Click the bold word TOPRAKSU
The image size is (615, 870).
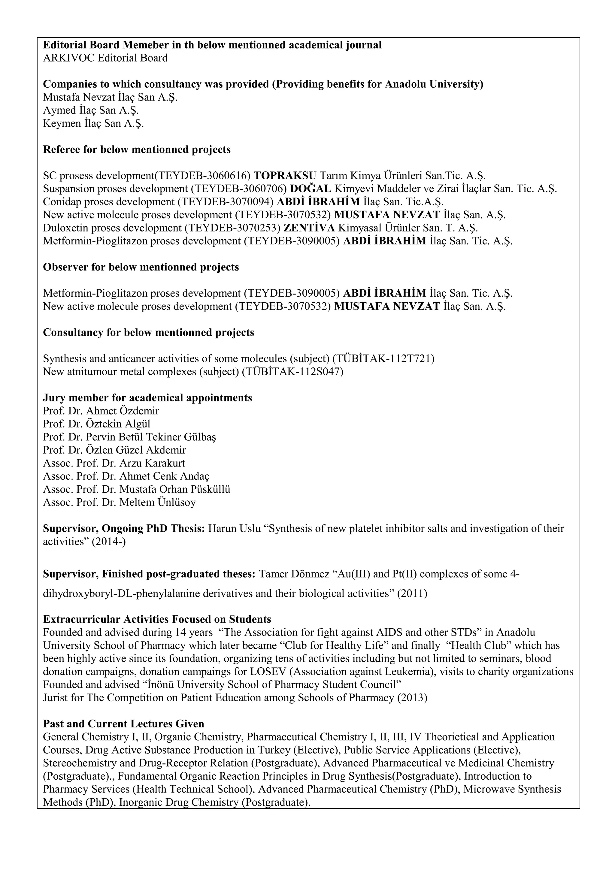tap(285, 176)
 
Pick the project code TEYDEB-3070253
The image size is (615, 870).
tap(232, 228)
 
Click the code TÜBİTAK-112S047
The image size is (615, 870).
tap(292, 372)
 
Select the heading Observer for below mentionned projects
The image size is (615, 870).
tap(141, 267)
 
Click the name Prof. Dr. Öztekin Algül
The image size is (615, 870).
tap(97, 424)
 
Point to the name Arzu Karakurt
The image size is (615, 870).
tap(152, 463)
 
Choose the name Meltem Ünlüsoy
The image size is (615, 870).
tap(158, 503)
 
